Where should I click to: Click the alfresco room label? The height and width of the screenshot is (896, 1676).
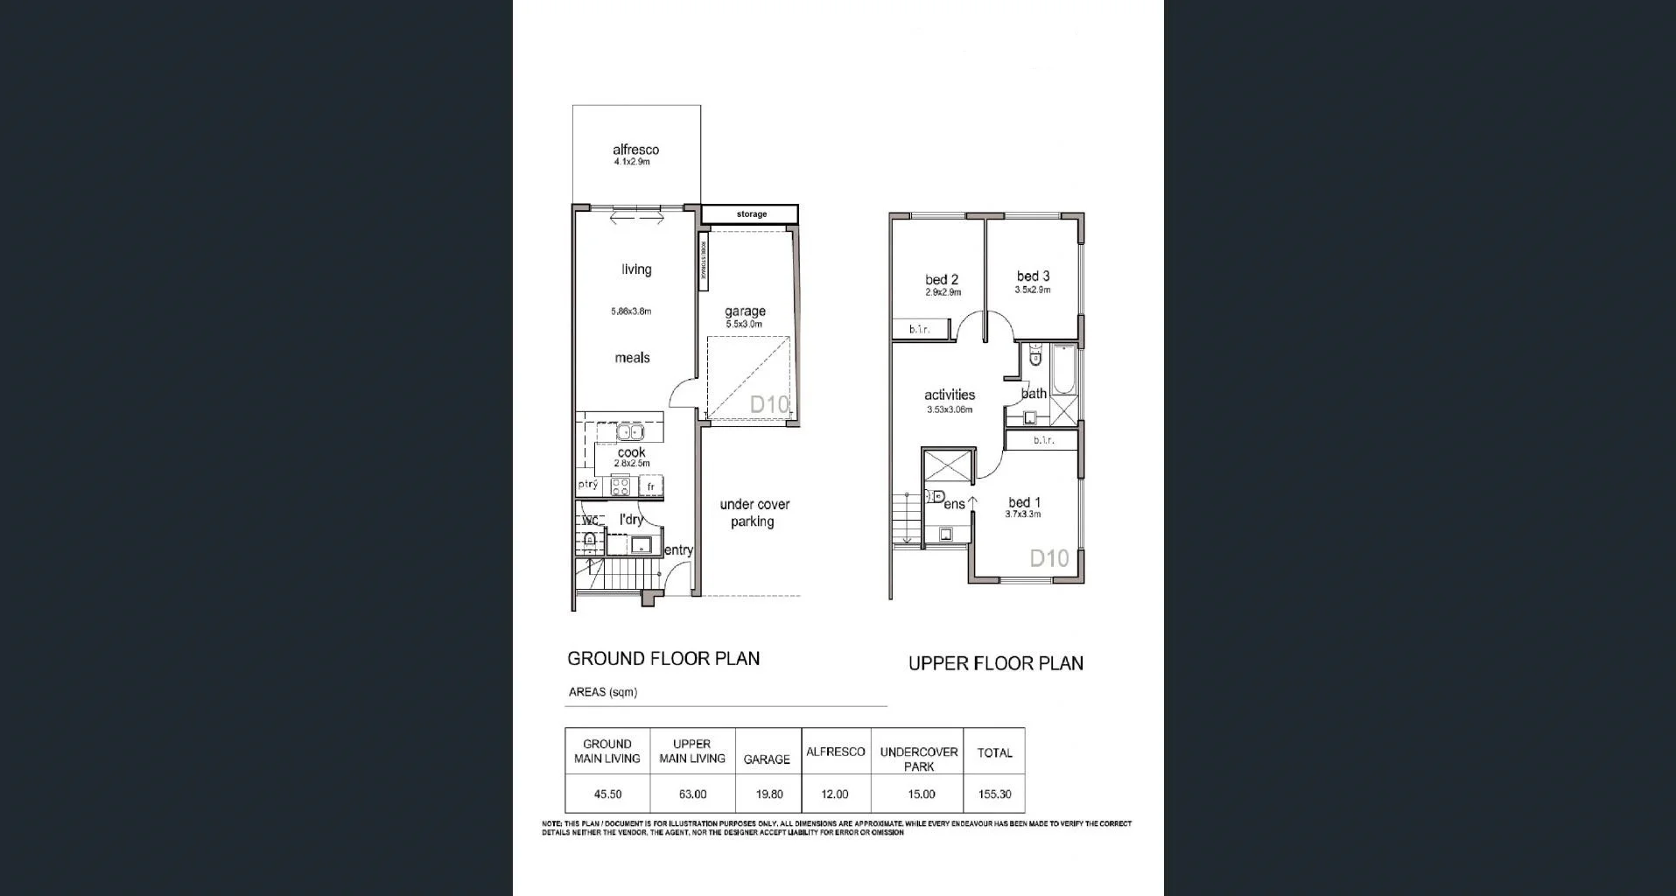pyautogui.click(x=635, y=150)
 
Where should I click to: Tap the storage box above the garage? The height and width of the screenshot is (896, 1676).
pyautogui.click(x=750, y=213)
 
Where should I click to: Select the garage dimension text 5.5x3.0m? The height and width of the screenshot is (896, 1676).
pyautogui.click(x=744, y=325)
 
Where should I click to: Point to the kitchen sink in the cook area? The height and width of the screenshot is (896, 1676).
pyautogui.click(x=630, y=432)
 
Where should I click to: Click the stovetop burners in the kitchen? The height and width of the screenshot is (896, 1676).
pyautogui.click(x=620, y=486)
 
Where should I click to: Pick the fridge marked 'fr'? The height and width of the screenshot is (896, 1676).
pyautogui.click(x=650, y=486)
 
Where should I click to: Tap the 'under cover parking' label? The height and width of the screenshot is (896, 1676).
pyautogui.click(x=754, y=513)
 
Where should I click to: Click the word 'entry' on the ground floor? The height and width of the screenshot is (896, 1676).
pyautogui.click(x=678, y=550)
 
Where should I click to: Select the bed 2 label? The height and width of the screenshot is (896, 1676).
pyautogui.click(x=942, y=280)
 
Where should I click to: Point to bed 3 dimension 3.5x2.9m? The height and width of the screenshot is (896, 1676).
pyautogui.click(x=1033, y=290)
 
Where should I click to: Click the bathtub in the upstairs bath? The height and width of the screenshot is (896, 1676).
pyautogui.click(x=1064, y=370)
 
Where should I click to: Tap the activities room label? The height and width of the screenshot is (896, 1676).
pyautogui.click(x=950, y=395)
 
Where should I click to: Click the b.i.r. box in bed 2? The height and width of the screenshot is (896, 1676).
pyautogui.click(x=919, y=329)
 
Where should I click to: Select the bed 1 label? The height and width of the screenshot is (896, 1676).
pyautogui.click(x=1024, y=502)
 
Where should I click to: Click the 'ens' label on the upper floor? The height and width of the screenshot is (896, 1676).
pyautogui.click(x=954, y=504)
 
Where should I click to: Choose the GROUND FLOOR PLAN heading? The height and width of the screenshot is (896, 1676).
pyautogui.click(x=663, y=658)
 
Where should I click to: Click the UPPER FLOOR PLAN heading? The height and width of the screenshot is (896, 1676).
pyautogui.click(x=995, y=663)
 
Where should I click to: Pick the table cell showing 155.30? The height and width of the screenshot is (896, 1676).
pyautogui.click(x=994, y=794)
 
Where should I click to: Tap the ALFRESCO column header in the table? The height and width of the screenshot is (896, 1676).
pyautogui.click(x=835, y=752)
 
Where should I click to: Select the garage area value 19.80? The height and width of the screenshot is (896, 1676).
pyautogui.click(x=767, y=794)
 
